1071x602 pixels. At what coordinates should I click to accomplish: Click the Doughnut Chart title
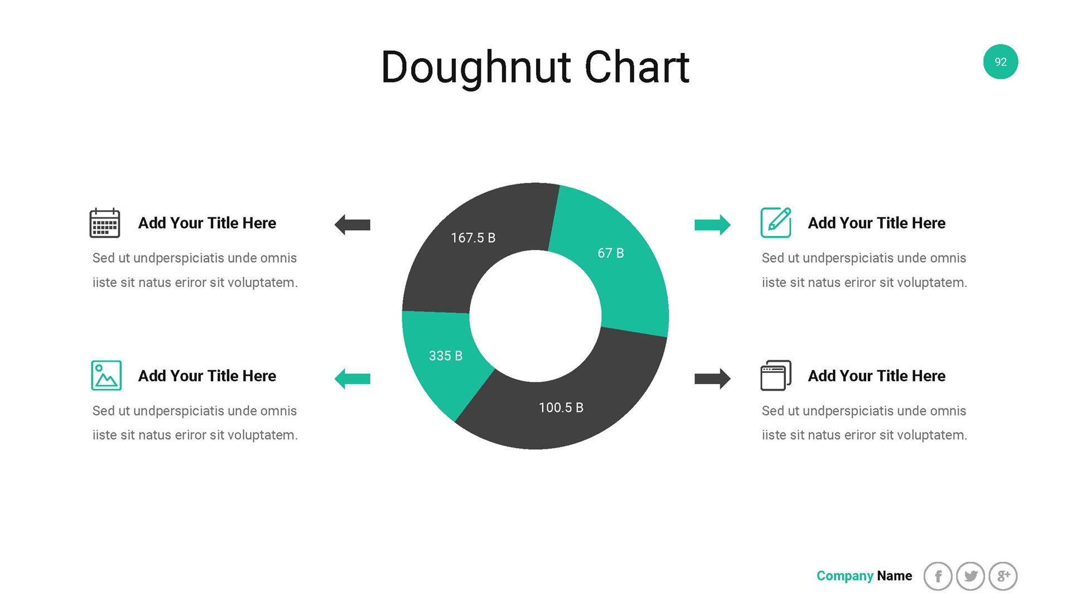coord(535,67)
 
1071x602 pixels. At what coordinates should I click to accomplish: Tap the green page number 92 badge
coord(1001,62)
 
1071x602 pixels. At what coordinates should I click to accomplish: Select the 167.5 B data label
coord(473,238)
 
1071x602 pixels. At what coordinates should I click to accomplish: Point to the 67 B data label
coord(611,253)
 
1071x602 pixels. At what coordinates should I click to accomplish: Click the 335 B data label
coord(446,356)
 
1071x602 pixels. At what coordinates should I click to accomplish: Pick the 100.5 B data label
coord(561,407)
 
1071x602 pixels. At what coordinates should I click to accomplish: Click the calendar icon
coord(105,223)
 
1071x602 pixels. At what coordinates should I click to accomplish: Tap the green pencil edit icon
coord(776,222)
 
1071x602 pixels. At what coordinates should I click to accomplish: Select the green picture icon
coord(106,375)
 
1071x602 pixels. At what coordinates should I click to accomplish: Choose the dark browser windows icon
coord(776,375)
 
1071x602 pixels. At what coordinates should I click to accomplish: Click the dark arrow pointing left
coord(353,225)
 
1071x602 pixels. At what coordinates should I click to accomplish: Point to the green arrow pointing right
coord(712,225)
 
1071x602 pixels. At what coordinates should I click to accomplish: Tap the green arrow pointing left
coord(353,379)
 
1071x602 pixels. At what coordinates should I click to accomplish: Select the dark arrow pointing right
coord(712,378)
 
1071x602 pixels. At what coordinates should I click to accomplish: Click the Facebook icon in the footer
coord(938,576)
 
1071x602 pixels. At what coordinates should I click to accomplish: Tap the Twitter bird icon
coord(971,576)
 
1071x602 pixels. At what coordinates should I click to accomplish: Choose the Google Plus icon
coord(1003,576)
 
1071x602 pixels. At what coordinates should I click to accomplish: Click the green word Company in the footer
coord(845,576)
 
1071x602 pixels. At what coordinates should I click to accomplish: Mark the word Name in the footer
coord(895,576)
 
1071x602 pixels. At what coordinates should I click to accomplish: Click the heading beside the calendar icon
coord(207,223)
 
